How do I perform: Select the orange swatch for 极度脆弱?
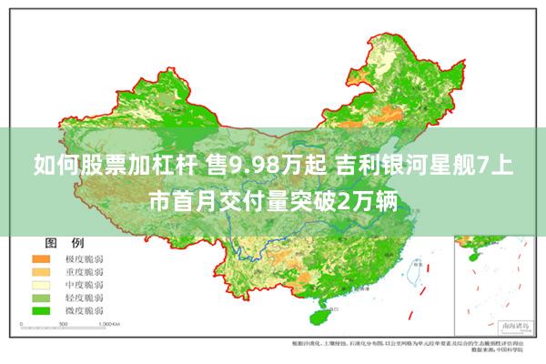click(44, 260)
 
